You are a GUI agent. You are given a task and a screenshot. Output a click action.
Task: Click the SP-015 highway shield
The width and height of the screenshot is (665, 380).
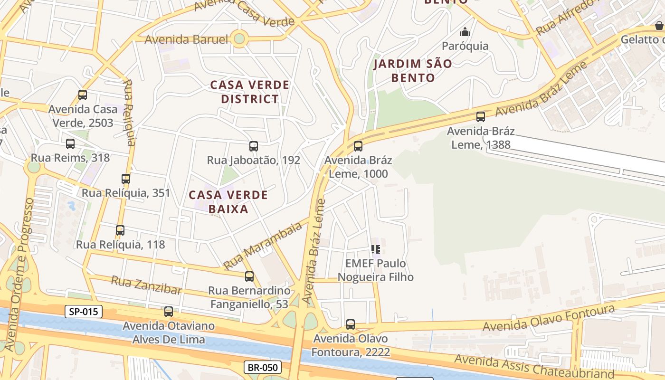click(x=84, y=312)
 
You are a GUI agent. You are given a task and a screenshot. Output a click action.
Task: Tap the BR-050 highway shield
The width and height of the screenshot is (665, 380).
click(x=263, y=367)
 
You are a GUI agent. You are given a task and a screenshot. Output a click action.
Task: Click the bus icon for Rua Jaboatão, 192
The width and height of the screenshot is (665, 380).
click(x=254, y=146)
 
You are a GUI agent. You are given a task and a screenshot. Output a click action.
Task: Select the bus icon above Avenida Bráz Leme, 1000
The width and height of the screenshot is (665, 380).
click(x=358, y=146)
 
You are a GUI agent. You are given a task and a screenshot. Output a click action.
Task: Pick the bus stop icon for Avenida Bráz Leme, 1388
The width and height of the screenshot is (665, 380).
click(x=481, y=116)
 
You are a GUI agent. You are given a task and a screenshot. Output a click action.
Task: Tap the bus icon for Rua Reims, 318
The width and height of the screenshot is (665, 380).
click(x=70, y=143)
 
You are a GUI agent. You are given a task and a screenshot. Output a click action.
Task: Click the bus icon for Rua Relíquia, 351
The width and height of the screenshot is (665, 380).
click(x=126, y=179)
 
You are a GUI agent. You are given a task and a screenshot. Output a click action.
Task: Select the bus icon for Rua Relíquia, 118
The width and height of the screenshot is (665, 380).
click(x=120, y=230)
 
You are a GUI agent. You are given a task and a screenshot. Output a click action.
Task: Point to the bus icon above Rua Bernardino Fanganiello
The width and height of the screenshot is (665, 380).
click(x=249, y=276)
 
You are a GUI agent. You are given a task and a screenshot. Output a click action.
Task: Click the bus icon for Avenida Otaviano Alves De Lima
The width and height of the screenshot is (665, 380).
click(x=169, y=312)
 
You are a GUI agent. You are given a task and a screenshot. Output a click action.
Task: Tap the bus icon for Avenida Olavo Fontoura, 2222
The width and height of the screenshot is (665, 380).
click(x=351, y=324)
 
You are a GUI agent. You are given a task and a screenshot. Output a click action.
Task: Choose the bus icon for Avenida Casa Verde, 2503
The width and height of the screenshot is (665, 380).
click(x=83, y=95)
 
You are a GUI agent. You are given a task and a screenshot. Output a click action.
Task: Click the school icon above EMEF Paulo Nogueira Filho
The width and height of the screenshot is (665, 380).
click(x=376, y=249)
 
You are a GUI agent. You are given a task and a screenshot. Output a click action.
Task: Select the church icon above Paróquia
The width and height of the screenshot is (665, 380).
click(x=465, y=32)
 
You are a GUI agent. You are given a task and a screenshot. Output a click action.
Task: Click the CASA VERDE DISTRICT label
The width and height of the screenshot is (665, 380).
click(x=250, y=92)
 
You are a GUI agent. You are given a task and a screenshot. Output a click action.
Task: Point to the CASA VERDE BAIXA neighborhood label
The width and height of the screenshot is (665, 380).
click(x=228, y=202)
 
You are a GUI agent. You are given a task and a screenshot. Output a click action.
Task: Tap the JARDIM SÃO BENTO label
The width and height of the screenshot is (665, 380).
click(x=412, y=70)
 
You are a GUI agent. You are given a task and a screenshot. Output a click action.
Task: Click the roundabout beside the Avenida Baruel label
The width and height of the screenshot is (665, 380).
click(x=240, y=39)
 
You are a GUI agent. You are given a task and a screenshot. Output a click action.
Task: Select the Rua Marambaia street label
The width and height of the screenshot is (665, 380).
click(x=263, y=246)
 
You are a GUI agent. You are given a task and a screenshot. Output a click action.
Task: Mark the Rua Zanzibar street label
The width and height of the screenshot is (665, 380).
click(x=146, y=285)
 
